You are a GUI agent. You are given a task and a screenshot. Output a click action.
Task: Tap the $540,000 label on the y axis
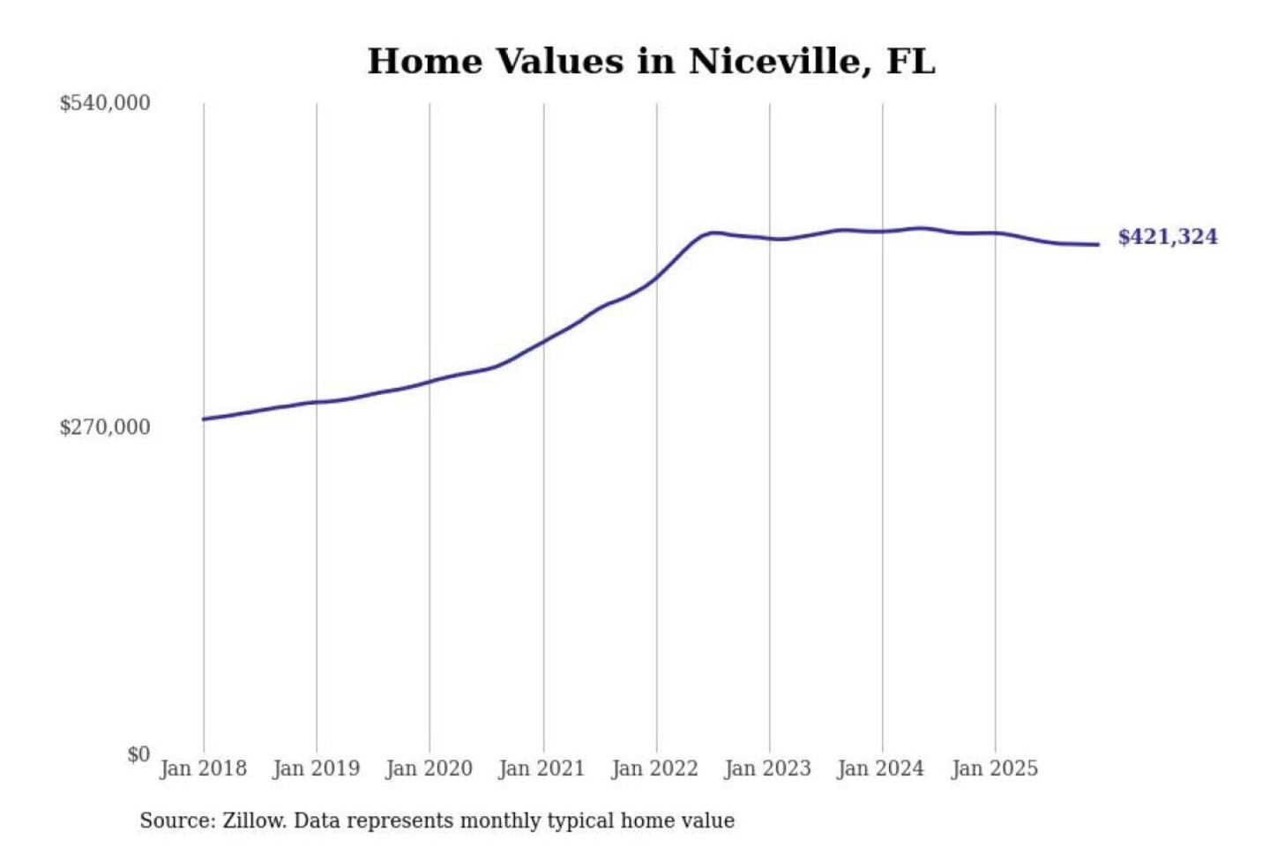tap(105, 103)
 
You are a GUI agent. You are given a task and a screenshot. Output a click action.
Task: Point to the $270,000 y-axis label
tap(105, 427)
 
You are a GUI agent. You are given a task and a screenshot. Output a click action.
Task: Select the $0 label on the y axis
tap(138, 754)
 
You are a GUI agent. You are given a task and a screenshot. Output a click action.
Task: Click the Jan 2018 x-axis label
tap(203, 768)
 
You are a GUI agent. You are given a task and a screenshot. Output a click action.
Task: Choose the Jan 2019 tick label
tap(316, 768)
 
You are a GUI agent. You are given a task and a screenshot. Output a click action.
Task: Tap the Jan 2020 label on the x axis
tap(429, 768)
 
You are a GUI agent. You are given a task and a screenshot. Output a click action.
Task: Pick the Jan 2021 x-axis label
tap(542, 768)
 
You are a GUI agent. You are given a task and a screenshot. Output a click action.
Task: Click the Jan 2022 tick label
tap(654, 768)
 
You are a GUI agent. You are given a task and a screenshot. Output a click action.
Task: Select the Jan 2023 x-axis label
tap(767, 768)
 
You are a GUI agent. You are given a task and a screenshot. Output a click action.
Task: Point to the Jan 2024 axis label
tap(880, 768)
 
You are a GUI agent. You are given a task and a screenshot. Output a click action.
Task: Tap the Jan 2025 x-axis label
tap(994, 768)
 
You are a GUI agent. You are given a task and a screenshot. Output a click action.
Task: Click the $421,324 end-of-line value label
tap(1167, 237)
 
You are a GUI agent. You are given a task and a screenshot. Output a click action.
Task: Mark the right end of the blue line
tap(1098, 244)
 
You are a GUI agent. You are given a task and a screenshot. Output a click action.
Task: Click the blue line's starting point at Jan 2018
tap(204, 419)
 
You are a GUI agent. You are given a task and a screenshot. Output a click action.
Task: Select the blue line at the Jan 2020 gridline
tap(430, 382)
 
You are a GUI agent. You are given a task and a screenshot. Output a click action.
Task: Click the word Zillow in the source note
tap(253, 821)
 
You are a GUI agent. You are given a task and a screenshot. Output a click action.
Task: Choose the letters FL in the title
tap(909, 62)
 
